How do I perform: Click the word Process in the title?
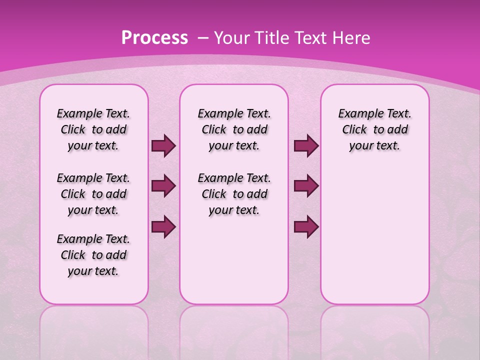[x=154, y=37]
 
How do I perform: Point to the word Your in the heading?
[x=233, y=37]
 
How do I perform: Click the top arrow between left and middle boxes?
[x=163, y=146]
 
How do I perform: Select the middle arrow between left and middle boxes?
[x=163, y=186]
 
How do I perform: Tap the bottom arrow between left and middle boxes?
[x=163, y=227]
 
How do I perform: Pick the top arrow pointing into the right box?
[x=306, y=146]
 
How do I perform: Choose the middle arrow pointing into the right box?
[x=306, y=186]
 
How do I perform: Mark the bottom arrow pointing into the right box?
[x=306, y=227]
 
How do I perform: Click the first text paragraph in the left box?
[x=93, y=129]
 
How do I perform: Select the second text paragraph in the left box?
[x=93, y=194]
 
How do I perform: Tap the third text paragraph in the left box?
[x=93, y=255]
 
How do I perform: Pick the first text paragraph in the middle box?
[x=234, y=129]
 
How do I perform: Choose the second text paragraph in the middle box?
[x=234, y=194]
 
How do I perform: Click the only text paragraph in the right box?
[x=375, y=129]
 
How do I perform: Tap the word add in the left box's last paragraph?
[x=116, y=255]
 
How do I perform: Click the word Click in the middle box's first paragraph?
[x=214, y=130]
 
